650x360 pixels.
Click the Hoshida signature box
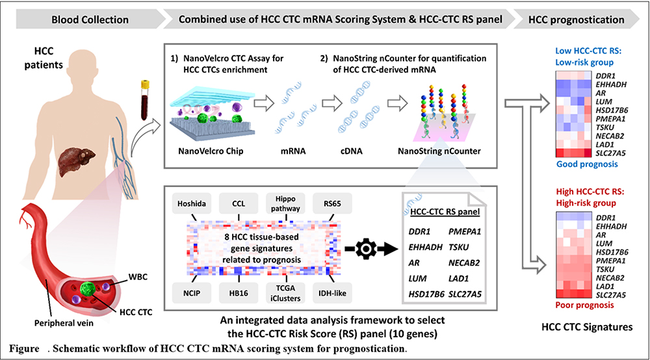point(192,203)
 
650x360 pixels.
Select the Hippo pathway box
point(285,203)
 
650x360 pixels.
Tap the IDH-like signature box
point(332,293)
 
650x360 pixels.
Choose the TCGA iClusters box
point(285,293)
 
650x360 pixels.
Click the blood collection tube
point(145,100)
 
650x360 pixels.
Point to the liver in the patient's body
point(77,162)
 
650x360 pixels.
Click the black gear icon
point(365,249)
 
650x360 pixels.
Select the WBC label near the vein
point(138,277)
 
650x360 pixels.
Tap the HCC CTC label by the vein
point(136,312)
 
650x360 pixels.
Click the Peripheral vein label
point(64,323)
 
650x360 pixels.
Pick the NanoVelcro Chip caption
point(211,151)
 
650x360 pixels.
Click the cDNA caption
point(352,151)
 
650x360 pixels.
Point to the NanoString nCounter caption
point(439,151)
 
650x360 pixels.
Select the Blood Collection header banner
point(90,19)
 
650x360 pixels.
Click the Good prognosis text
point(587,164)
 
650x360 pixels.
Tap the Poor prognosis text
point(584,305)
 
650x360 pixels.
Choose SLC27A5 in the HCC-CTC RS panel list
point(465,294)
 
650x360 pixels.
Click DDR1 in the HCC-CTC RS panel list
point(419,231)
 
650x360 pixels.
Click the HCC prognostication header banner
point(576,19)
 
